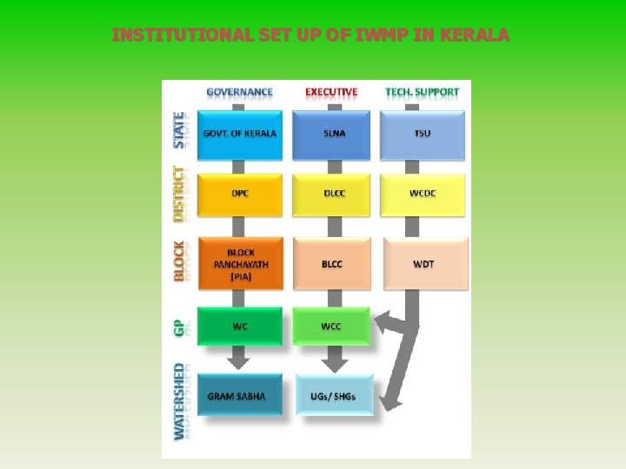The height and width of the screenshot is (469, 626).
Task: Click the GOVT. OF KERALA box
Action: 240,134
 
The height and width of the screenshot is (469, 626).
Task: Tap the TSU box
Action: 423,134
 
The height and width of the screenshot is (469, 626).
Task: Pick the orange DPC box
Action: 240,193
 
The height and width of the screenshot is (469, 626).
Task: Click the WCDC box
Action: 423,193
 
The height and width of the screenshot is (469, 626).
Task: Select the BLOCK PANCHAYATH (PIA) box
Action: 240,263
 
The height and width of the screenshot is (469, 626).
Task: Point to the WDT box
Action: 423,263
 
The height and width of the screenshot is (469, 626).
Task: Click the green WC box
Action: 240,327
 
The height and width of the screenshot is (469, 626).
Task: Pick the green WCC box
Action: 331,327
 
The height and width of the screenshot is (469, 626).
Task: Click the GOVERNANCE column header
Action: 239,91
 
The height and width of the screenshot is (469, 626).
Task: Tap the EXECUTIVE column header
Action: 331,91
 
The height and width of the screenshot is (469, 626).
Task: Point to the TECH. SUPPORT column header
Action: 423,91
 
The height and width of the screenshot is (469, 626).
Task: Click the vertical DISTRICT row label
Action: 179,193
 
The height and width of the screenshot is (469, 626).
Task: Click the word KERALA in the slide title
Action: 476,36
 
